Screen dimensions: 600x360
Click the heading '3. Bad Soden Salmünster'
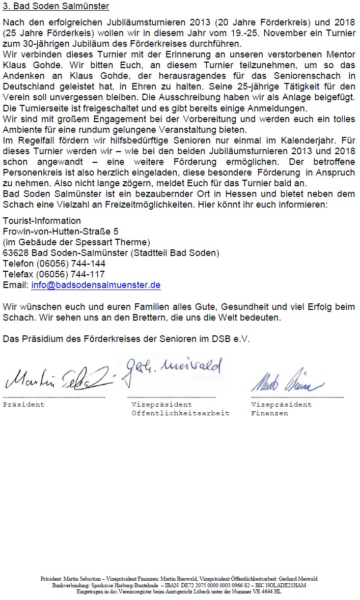click(56, 7)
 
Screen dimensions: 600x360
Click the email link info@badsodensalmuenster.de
click(96, 285)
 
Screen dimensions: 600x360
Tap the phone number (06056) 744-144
click(71, 264)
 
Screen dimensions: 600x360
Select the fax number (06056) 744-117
click(71, 274)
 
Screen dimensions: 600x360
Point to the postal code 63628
click(16, 253)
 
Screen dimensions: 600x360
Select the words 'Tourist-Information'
click(42, 221)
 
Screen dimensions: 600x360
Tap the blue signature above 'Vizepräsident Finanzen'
click(287, 382)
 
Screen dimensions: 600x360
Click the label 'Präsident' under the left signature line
click(23, 405)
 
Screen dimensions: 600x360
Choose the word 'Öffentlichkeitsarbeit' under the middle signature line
click(180, 413)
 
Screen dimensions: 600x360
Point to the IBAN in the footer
click(229, 585)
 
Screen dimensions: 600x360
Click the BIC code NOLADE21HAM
click(284, 585)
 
